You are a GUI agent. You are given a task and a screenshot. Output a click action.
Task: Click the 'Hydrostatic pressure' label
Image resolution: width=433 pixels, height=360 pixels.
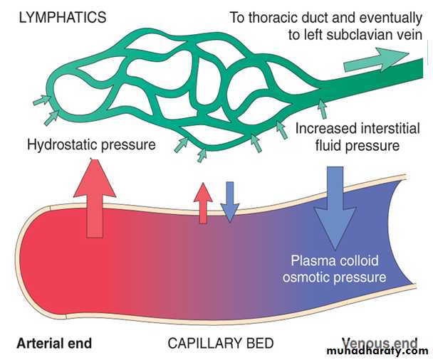point(91,145)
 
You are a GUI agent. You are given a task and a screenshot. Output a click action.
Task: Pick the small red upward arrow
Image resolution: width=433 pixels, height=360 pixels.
point(204,201)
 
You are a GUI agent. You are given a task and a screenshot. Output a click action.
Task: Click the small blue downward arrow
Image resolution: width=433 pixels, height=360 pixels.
point(229,201)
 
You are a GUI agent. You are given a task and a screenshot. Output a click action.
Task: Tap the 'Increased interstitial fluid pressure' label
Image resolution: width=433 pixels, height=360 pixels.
point(348,137)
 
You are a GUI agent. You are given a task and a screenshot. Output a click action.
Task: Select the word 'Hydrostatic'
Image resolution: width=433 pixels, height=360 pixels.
point(63,145)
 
